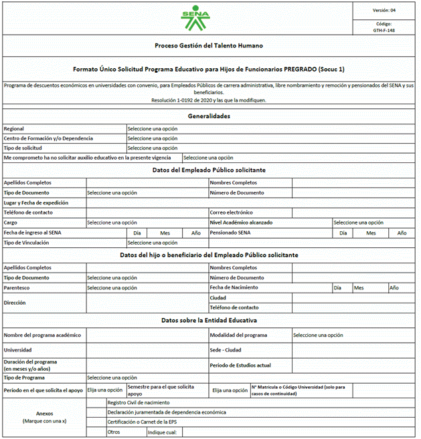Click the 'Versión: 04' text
pyautogui.click(x=384, y=10)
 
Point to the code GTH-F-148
pyautogui.click(x=384, y=30)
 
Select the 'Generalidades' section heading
pyautogui.click(x=209, y=116)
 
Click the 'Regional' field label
pyautogui.click(x=14, y=128)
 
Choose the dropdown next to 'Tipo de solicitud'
pyautogui.click(x=153, y=148)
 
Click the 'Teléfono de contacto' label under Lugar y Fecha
pyautogui.click(x=28, y=212)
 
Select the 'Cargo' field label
pyautogui.click(x=11, y=223)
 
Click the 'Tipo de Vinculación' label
pyautogui.click(x=27, y=243)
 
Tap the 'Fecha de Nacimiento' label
pyautogui.click(x=234, y=287)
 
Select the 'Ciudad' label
pyautogui.click(x=218, y=297)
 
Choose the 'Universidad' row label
pyautogui.click(x=17, y=349)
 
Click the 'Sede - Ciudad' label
pyautogui.click(x=226, y=349)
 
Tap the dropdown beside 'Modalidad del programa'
pyautogui.click(x=318, y=335)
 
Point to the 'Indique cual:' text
pyautogui.click(x=162, y=432)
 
